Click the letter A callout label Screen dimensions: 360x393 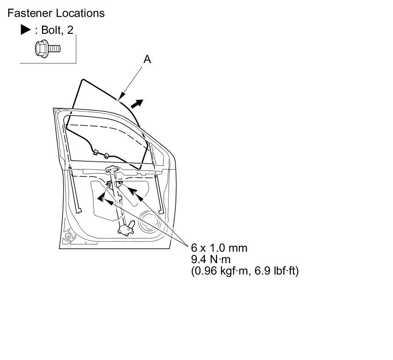pos(147,59)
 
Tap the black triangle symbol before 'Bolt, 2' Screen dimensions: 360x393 pos(26,30)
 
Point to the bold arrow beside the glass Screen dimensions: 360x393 pos(137,105)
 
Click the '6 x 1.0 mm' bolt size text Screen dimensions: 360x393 pos(219,248)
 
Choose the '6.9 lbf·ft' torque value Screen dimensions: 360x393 pos(278,271)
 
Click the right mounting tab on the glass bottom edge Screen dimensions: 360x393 pos(106,156)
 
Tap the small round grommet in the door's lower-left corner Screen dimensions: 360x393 pos(68,237)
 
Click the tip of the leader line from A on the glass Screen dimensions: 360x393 pos(119,99)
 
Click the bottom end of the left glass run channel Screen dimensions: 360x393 pos(78,210)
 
